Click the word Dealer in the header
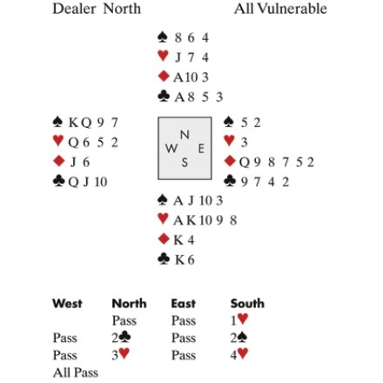click(74, 9)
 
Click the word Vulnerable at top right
click(292, 9)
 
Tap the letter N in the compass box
click(185, 135)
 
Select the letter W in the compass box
click(171, 149)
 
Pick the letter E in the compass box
click(201, 149)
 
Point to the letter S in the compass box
click(185, 163)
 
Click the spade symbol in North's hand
click(163, 37)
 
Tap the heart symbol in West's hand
click(58, 141)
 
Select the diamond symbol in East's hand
click(230, 161)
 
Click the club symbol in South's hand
click(164, 259)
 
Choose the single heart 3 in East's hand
click(245, 143)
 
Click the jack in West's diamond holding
click(73, 162)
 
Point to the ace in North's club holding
click(179, 97)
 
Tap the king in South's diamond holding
click(178, 240)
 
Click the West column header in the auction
click(67, 304)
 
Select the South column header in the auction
click(247, 304)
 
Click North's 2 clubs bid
click(121, 338)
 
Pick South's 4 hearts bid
click(239, 354)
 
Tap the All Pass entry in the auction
click(76, 373)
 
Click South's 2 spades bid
click(239, 338)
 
